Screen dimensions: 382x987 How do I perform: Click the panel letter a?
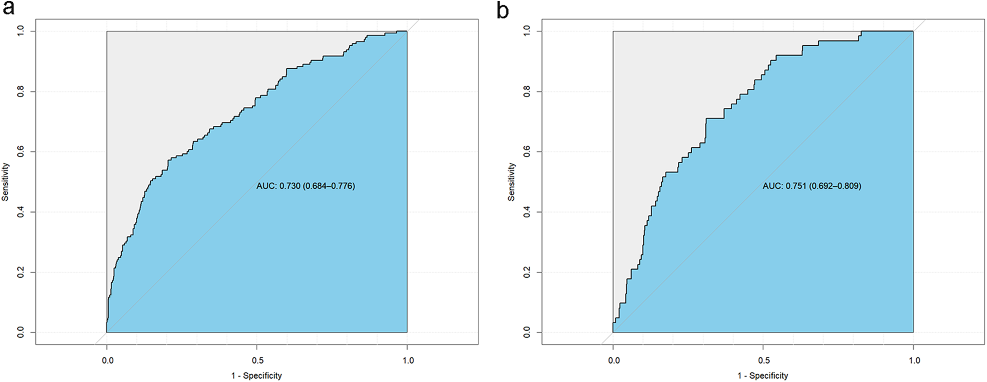pos(9,10)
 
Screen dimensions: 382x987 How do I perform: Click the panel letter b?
pos(502,10)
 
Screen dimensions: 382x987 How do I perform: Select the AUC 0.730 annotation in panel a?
pos(306,186)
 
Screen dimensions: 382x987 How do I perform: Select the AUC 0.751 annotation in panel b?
pos(812,186)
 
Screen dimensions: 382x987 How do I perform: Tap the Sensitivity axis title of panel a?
pos(6,182)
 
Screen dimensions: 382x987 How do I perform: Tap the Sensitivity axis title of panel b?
pos(512,182)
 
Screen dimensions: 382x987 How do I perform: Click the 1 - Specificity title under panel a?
pos(256,376)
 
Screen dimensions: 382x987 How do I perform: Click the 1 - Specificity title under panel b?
pos(762,376)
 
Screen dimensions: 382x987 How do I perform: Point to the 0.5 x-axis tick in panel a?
pos(257,360)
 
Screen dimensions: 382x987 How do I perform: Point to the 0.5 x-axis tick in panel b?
pos(763,360)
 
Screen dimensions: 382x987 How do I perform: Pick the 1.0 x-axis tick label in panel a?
pos(408,360)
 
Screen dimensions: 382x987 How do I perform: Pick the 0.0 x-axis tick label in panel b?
pos(614,360)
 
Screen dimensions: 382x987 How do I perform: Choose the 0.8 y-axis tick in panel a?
pos(20,91)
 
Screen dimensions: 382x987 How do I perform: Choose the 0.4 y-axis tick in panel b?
pos(526,212)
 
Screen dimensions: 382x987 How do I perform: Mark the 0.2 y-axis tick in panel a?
pos(20,272)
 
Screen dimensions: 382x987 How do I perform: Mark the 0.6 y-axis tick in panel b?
pos(526,152)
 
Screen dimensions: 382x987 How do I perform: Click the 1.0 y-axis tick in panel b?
pos(526,31)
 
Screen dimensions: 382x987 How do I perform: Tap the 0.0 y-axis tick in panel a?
pos(20,333)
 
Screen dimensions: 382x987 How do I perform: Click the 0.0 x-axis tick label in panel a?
pos(107,360)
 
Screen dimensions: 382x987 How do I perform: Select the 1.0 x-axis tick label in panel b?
pos(914,360)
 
